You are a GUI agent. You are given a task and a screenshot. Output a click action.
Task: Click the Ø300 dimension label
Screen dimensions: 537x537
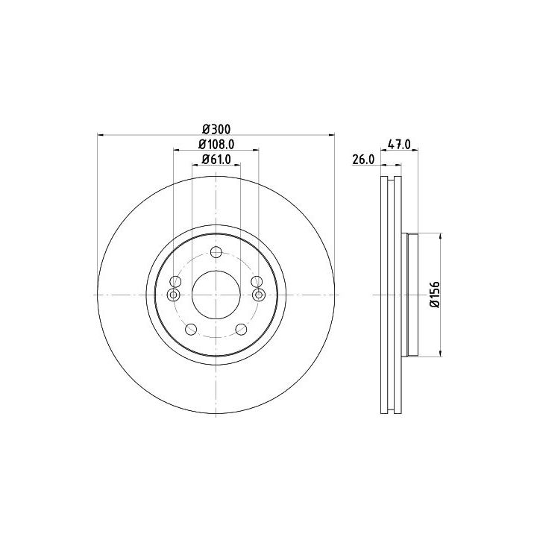pos(216,130)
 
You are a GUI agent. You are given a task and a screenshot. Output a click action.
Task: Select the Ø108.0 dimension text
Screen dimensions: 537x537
pos(216,145)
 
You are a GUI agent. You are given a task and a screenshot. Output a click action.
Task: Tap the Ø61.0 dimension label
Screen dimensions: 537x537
pos(216,160)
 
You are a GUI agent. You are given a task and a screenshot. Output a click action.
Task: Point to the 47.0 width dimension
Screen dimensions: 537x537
pos(398,144)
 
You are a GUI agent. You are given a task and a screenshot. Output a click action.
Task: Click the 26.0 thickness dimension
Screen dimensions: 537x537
pos(363,160)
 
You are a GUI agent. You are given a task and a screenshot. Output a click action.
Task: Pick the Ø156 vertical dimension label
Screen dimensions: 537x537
pos(435,295)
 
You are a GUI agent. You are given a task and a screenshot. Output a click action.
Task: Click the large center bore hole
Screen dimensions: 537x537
pos(216,295)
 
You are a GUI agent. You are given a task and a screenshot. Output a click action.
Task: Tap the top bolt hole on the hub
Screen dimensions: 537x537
pos(216,252)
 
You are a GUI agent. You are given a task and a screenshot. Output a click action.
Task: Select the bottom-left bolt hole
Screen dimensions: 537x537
pos(191,330)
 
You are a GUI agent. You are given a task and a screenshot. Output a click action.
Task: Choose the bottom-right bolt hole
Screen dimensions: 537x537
pos(242,330)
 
